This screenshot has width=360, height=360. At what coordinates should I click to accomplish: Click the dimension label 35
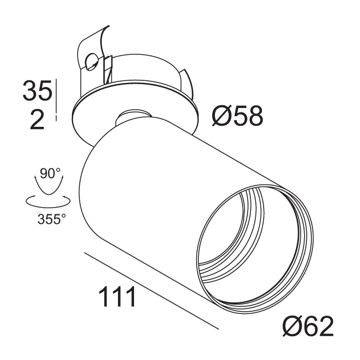38,90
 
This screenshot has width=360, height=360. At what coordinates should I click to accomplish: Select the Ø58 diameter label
238,116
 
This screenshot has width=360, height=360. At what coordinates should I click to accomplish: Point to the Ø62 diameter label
308,326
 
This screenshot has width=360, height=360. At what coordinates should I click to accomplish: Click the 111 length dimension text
117,297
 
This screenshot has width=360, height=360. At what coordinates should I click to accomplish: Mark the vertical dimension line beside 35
56,100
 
